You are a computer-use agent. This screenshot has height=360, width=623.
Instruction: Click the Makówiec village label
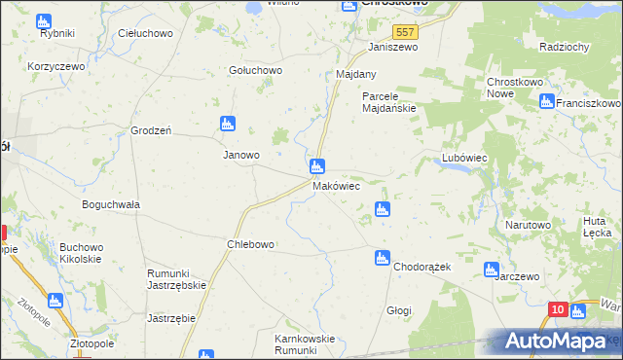click(337, 185)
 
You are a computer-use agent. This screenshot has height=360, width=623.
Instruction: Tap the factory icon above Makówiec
click(317, 166)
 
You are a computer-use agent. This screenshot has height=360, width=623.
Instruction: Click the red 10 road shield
click(556, 309)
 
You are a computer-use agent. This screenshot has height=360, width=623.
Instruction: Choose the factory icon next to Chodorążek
click(382, 258)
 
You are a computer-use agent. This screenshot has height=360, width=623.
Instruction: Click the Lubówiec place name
click(463, 157)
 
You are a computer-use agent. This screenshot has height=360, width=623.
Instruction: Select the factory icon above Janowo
click(227, 124)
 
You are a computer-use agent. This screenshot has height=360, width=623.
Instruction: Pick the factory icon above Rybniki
click(42, 20)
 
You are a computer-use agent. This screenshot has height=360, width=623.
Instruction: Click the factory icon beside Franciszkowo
click(547, 100)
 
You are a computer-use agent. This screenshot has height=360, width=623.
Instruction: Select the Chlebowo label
click(250, 244)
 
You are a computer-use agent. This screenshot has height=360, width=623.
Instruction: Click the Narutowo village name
click(528, 225)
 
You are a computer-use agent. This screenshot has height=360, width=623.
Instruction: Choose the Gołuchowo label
click(254, 70)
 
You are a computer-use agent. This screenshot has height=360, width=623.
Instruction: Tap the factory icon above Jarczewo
click(492, 269)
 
